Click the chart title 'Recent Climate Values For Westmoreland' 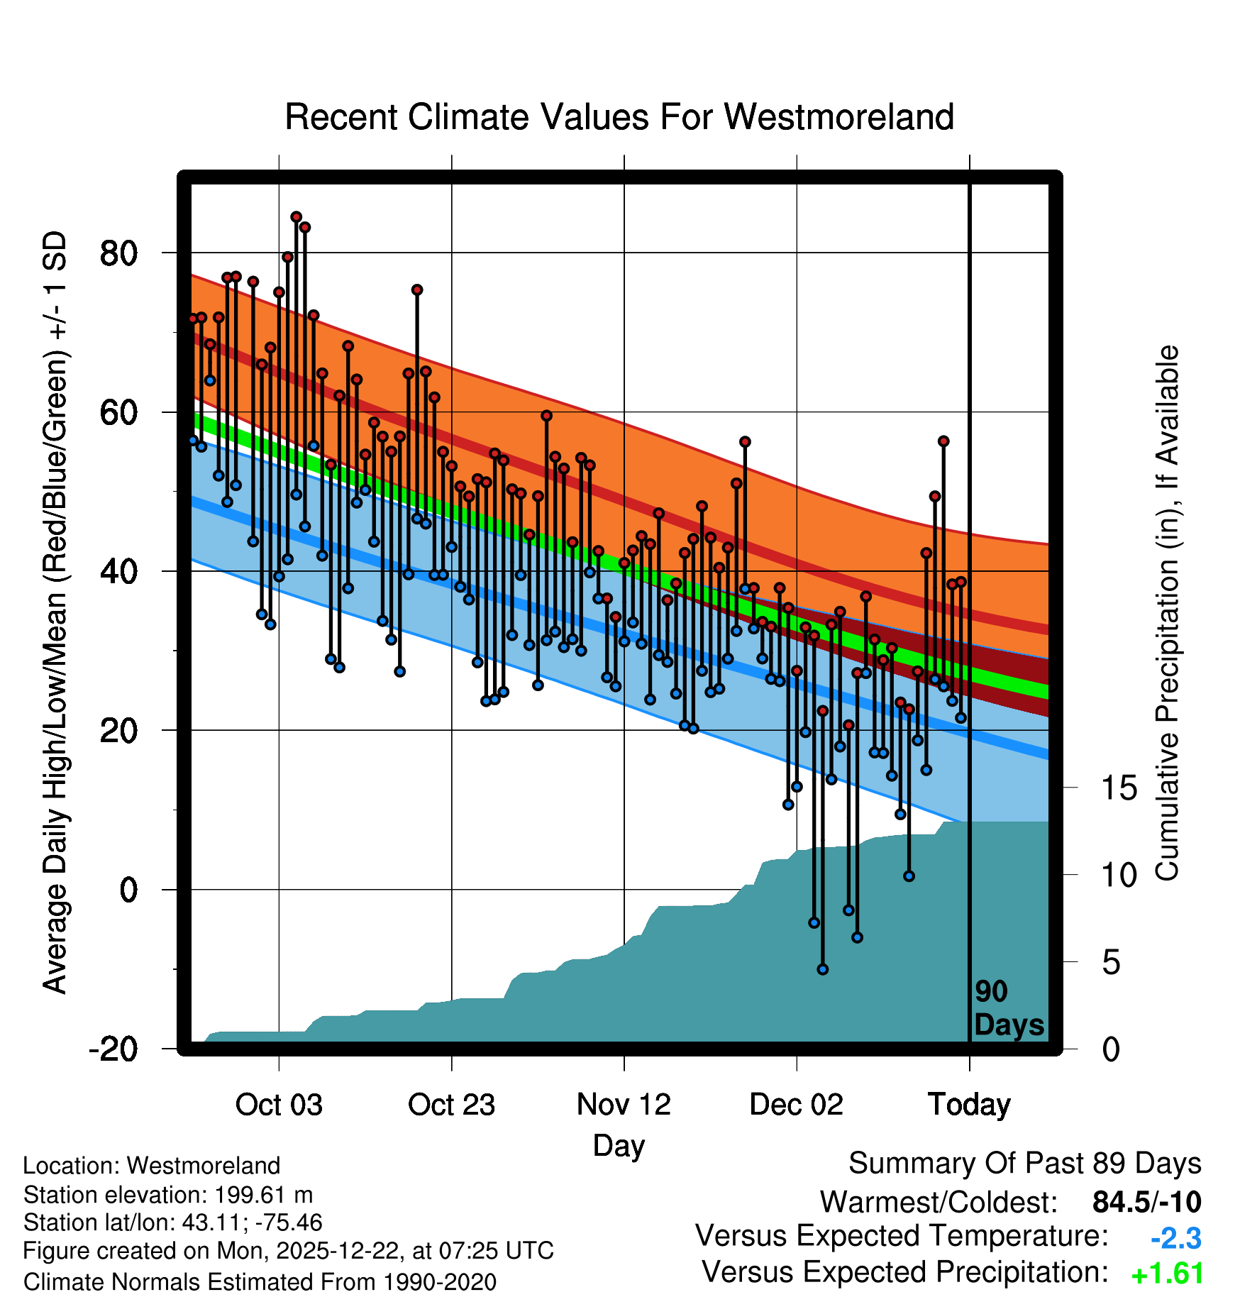(x=619, y=117)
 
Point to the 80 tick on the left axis (x=118, y=253)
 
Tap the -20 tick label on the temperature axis (x=114, y=1049)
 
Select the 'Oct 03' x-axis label (x=279, y=1105)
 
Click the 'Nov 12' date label (x=624, y=1105)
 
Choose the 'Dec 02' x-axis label (x=796, y=1105)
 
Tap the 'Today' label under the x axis (x=969, y=1105)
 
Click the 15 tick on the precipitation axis (x=1119, y=788)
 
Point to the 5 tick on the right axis (x=1111, y=963)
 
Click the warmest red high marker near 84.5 (x=297, y=217)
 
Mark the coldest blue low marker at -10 (x=823, y=969)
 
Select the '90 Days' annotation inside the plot (x=1008, y=1008)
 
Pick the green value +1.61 (x=1168, y=1274)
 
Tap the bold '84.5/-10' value (x=1146, y=1202)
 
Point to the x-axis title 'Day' (x=619, y=1145)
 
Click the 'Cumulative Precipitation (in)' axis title (x=1167, y=614)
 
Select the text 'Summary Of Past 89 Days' (x=1024, y=1164)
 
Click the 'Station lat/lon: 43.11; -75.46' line (x=172, y=1223)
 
